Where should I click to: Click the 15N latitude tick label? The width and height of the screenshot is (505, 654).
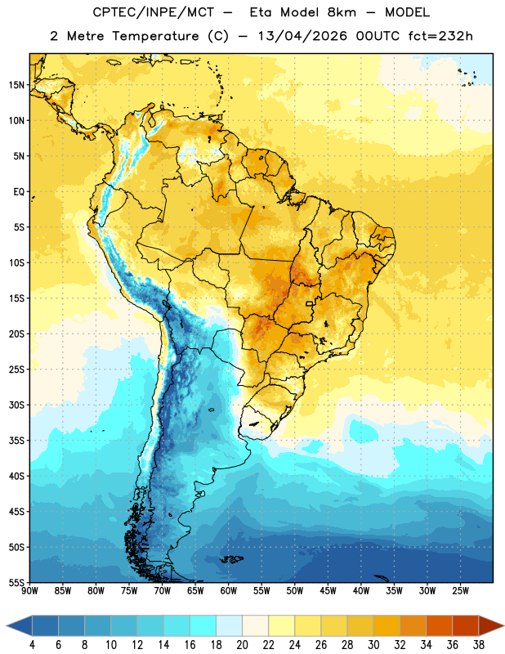[x=16, y=85]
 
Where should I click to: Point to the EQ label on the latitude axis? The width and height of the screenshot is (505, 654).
[x=19, y=192]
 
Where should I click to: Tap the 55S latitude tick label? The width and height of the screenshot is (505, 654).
[x=16, y=582]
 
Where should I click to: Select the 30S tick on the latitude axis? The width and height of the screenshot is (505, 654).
[x=16, y=405]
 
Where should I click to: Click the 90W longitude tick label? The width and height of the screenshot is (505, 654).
[x=29, y=591]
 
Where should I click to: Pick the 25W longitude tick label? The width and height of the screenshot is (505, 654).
[x=460, y=591]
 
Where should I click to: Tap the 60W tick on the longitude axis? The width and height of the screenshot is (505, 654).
[x=229, y=591]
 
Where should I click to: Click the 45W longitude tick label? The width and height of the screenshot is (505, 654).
[x=328, y=591]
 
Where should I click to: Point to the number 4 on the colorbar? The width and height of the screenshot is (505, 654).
[x=32, y=645]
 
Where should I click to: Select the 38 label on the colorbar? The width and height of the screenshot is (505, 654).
[x=479, y=645]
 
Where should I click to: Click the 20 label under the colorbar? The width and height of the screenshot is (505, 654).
[x=242, y=645]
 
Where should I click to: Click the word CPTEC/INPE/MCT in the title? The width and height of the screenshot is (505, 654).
[x=154, y=12]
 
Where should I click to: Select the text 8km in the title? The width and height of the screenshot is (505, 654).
[x=342, y=12]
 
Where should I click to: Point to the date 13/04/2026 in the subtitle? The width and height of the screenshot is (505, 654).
[x=302, y=36]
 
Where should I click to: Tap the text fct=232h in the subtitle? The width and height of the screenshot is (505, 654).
[x=440, y=36]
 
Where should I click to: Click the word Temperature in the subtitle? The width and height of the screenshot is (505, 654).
[x=155, y=37]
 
